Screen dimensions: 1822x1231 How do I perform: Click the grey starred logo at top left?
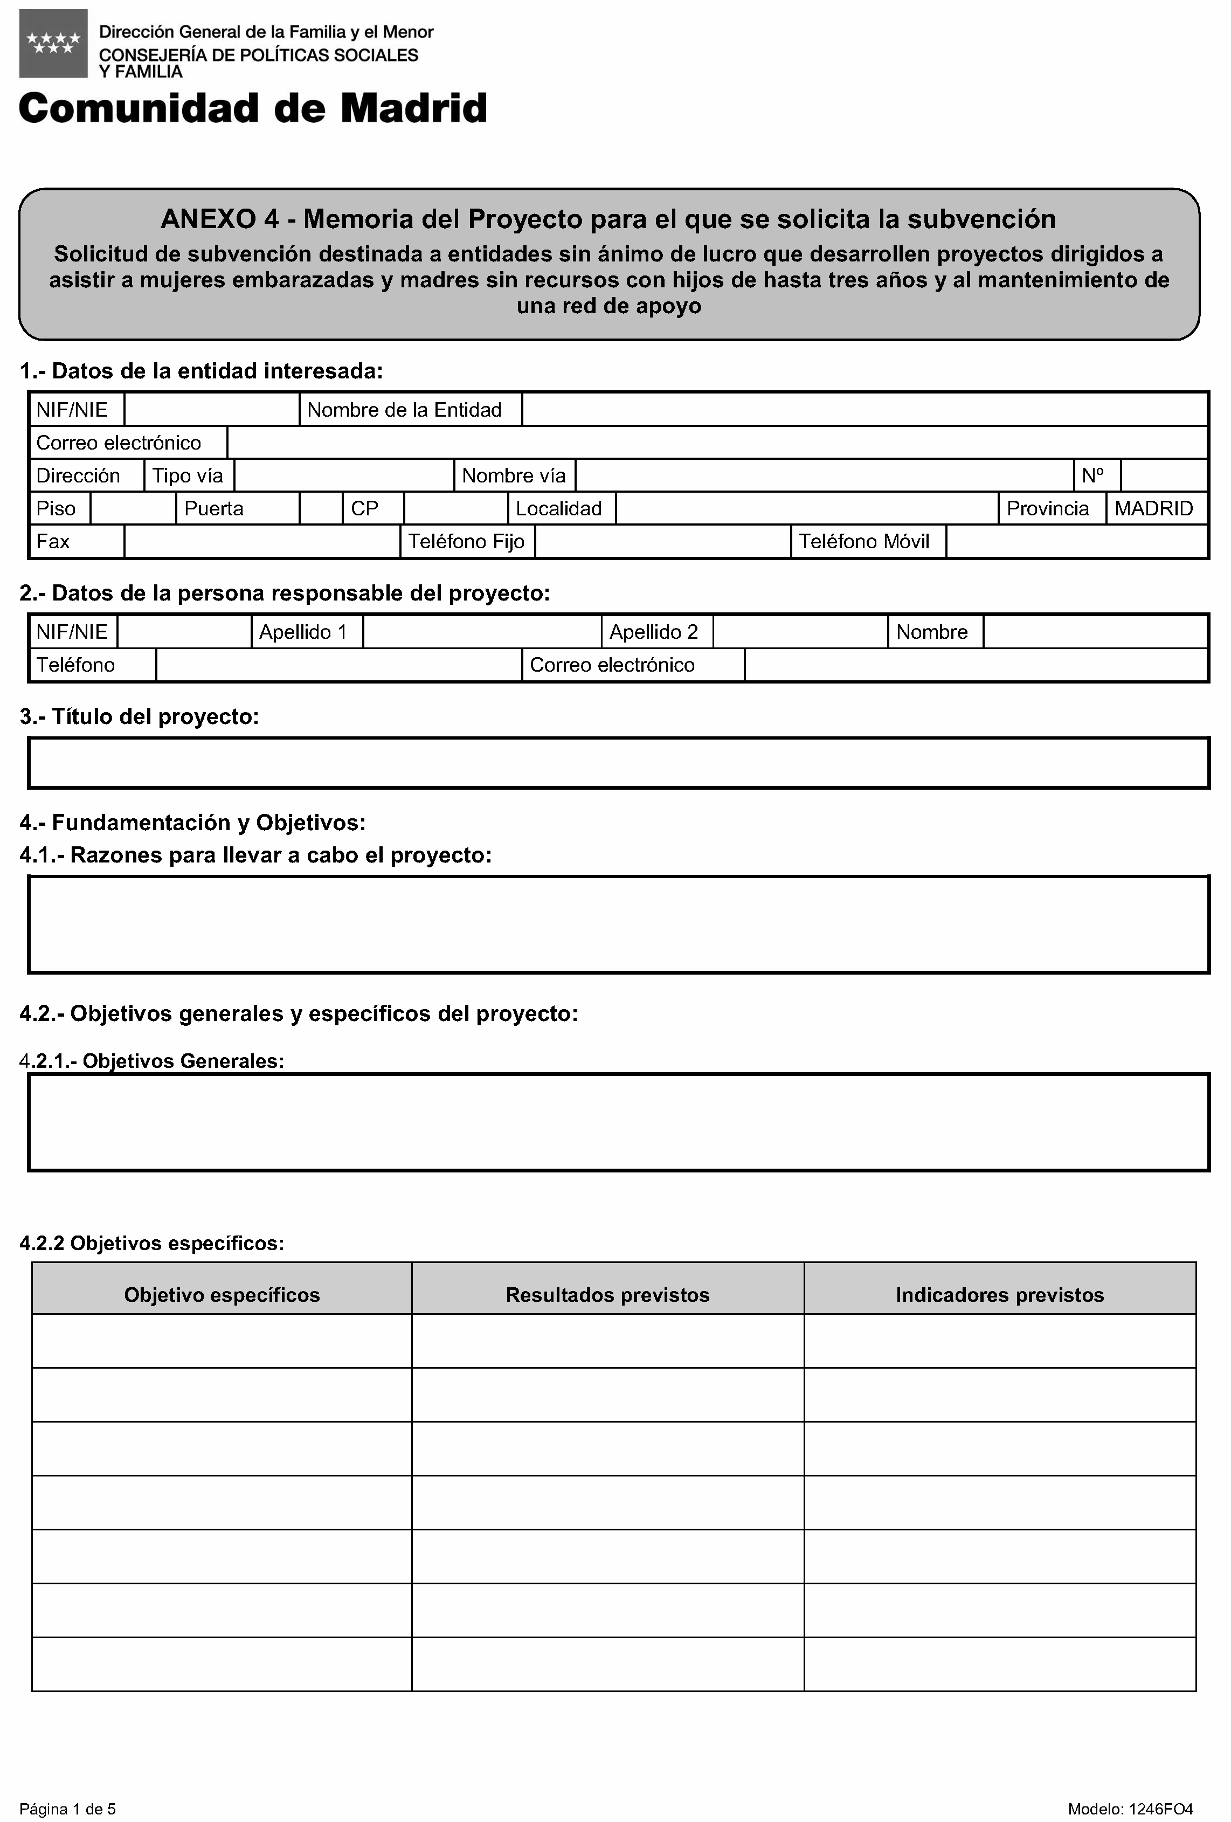pos(53,44)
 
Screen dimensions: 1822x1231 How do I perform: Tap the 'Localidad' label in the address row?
pos(558,509)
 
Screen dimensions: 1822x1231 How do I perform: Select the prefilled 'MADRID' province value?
pos(1153,509)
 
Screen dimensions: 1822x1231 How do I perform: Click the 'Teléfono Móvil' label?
pos(863,542)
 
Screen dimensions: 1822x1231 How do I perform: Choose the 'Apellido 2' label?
pos(653,632)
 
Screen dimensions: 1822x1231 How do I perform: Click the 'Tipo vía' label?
pos(188,476)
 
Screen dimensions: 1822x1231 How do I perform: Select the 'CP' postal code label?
pos(364,509)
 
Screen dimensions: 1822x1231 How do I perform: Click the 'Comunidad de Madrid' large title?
pos(252,108)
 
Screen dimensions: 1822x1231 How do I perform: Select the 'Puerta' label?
pos(213,509)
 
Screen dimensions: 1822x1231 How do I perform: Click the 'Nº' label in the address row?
pos(1092,476)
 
